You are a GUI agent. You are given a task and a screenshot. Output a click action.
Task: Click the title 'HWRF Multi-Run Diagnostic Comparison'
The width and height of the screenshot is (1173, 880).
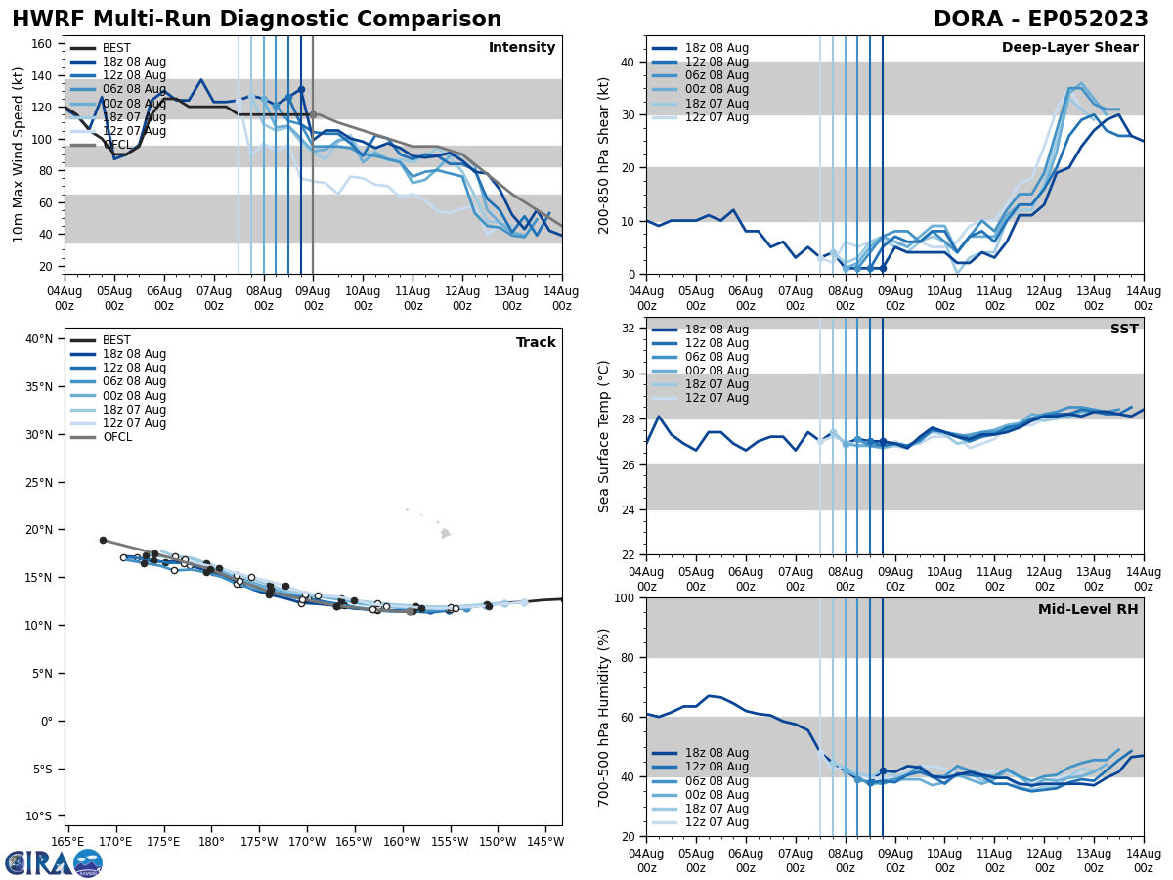[256, 20]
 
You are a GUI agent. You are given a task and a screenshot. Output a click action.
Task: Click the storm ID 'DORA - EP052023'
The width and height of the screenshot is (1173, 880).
[1040, 20]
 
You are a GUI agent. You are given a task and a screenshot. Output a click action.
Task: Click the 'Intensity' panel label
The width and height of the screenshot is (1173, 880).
[522, 48]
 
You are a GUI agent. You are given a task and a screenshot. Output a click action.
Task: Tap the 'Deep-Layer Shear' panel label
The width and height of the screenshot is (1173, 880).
[1069, 48]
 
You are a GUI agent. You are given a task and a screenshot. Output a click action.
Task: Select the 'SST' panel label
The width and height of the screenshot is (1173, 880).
[1123, 330]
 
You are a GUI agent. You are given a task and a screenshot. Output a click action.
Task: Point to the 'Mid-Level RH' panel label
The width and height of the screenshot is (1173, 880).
[1088, 610]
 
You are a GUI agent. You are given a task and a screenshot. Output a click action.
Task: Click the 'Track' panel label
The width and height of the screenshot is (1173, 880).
[536, 343]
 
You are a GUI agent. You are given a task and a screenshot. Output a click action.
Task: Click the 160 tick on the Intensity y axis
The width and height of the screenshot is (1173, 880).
[44, 44]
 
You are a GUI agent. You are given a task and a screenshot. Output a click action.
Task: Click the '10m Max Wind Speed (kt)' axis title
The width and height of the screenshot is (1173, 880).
[19, 154]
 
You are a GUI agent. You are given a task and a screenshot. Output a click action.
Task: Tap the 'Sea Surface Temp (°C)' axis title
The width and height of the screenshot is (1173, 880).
[604, 436]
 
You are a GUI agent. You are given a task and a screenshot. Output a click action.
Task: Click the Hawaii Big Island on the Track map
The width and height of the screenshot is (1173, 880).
[446, 533]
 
